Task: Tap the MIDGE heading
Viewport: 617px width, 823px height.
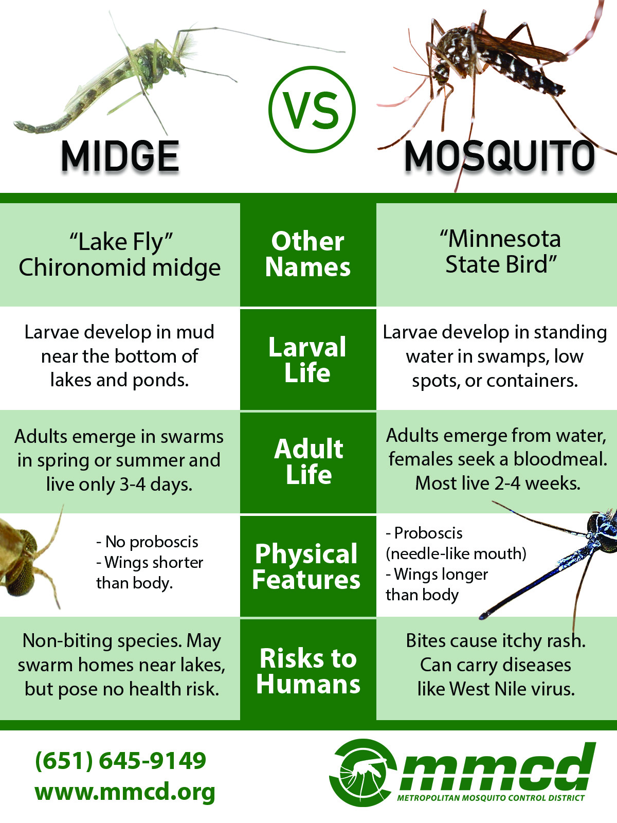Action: click(120, 156)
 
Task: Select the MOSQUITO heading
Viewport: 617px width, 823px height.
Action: click(499, 156)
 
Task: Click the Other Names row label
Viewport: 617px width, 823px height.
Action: click(308, 254)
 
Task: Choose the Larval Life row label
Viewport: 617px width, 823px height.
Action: click(307, 360)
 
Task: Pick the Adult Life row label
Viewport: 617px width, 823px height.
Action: click(308, 461)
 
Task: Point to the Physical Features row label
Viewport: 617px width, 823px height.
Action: click(306, 566)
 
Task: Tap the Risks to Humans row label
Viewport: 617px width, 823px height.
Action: click(308, 671)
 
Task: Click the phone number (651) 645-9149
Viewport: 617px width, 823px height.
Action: click(121, 761)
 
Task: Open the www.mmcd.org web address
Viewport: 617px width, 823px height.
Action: click(125, 792)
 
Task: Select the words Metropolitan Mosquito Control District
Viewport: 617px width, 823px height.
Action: click(491, 798)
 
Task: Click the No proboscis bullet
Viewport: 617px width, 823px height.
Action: click(147, 542)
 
